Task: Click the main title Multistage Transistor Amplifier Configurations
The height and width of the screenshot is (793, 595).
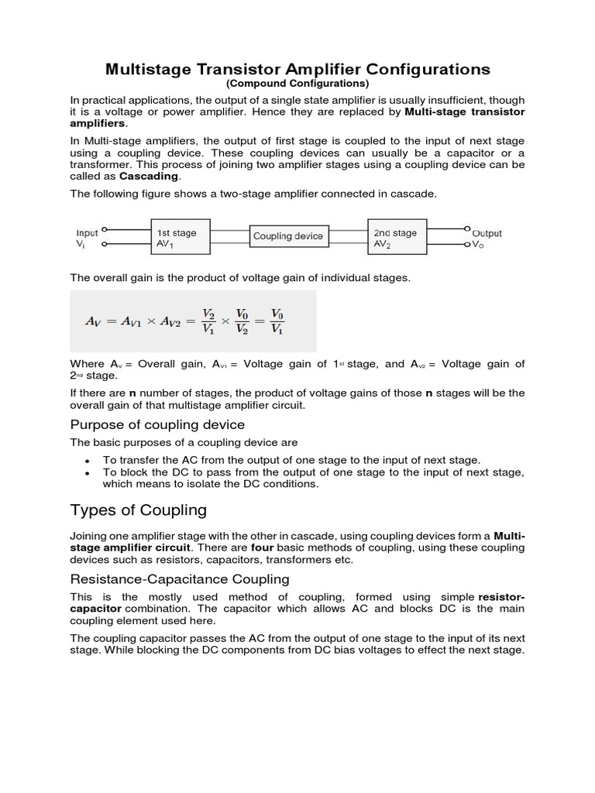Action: (297, 69)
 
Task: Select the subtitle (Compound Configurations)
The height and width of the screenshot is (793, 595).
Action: (297, 84)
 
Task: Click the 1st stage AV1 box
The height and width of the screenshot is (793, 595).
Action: (180, 237)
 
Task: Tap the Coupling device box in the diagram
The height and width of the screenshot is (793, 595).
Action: (288, 236)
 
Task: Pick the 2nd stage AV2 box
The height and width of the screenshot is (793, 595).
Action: (397, 237)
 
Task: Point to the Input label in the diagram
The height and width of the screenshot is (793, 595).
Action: (87, 232)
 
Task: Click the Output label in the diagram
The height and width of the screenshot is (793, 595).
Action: (487, 232)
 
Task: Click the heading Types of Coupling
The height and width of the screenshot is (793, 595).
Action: (139, 510)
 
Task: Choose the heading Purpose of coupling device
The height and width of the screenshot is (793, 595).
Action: (157, 424)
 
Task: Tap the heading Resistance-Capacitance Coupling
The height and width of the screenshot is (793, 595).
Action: (180, 578)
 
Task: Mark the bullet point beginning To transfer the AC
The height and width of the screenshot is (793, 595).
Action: (291, 460)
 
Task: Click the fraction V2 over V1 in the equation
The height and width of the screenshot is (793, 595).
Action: (208, 321)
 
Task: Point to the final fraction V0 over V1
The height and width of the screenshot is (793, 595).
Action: (277, 321)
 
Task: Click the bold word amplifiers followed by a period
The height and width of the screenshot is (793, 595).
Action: (97, 123)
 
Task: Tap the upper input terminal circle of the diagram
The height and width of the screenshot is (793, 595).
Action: (105, 229)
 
